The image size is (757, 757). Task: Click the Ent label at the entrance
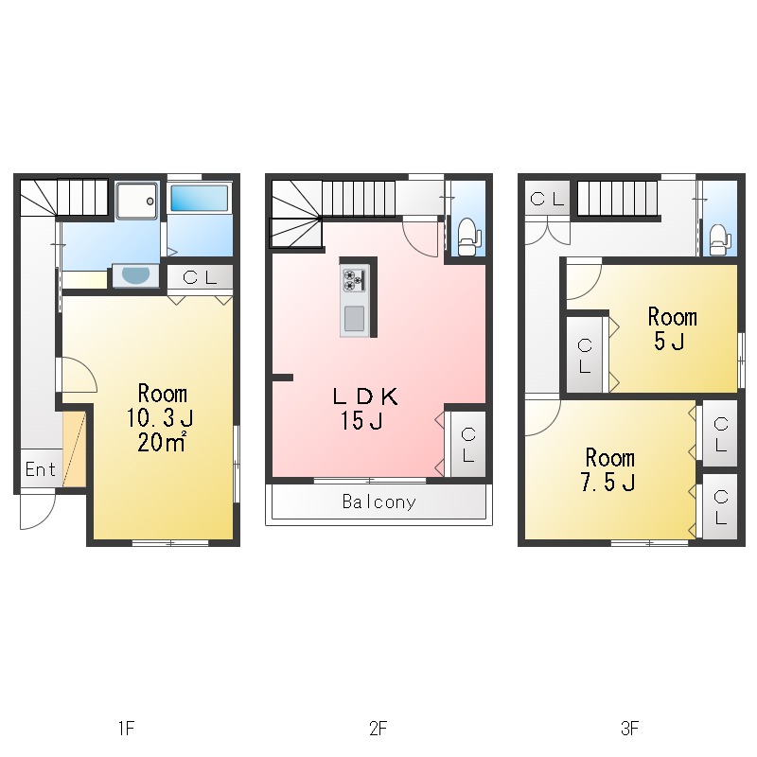[41, 469]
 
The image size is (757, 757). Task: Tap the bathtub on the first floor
[200, 199]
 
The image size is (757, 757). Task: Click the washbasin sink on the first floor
[135, 275]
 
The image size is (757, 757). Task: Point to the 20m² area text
[162, 442]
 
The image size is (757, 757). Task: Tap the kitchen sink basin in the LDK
[354, 319]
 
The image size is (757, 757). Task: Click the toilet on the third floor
[720, 240]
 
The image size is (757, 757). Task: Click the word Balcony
[379, 502]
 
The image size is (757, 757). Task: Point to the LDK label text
[365, 396]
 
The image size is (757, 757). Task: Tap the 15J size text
[362, 420]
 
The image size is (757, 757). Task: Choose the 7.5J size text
[607, 482]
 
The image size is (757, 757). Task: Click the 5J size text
[669, 342]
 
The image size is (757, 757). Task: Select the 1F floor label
[127, 728]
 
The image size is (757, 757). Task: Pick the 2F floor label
[378, 728]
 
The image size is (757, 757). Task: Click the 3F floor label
[630, 728]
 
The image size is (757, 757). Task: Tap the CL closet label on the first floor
[200, 277]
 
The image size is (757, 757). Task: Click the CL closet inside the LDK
[467, 445]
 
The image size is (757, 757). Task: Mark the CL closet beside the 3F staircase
[547, 199]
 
